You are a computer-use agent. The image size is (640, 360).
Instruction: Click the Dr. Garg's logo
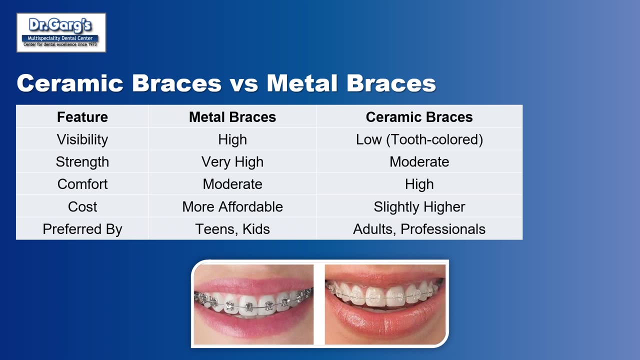[61, 32]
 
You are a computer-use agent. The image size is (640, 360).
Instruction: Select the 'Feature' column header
[82, 117]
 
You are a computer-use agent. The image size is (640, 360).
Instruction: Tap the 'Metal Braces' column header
[232, 117]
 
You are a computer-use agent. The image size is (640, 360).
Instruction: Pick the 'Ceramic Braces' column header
[419, 117]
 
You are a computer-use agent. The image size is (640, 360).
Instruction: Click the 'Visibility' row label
[82, 139]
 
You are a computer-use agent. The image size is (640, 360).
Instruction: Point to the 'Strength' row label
[82, 162]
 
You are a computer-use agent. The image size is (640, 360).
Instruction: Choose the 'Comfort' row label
[82, 184]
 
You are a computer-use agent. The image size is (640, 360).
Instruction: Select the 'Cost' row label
[82, 206]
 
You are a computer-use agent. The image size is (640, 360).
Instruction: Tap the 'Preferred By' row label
[82, 229]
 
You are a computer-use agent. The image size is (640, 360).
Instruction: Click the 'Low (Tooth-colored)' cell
[419, 139]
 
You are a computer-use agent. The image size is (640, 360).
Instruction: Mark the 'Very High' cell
[232, 162]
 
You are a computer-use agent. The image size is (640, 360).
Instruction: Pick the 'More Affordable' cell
[232, 206]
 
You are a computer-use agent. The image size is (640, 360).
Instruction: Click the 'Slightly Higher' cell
[419, 207]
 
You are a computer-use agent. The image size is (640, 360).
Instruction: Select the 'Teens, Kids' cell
[232, 229]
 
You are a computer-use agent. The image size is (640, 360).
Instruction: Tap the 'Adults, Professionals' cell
[419, 229]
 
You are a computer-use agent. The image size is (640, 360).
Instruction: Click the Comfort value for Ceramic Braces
[419, 184]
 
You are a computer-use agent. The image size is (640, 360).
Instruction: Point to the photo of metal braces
[253, 304]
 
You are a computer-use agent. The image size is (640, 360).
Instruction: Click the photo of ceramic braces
[385, 304]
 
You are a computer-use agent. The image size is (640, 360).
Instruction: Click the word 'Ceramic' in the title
[70, 83]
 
